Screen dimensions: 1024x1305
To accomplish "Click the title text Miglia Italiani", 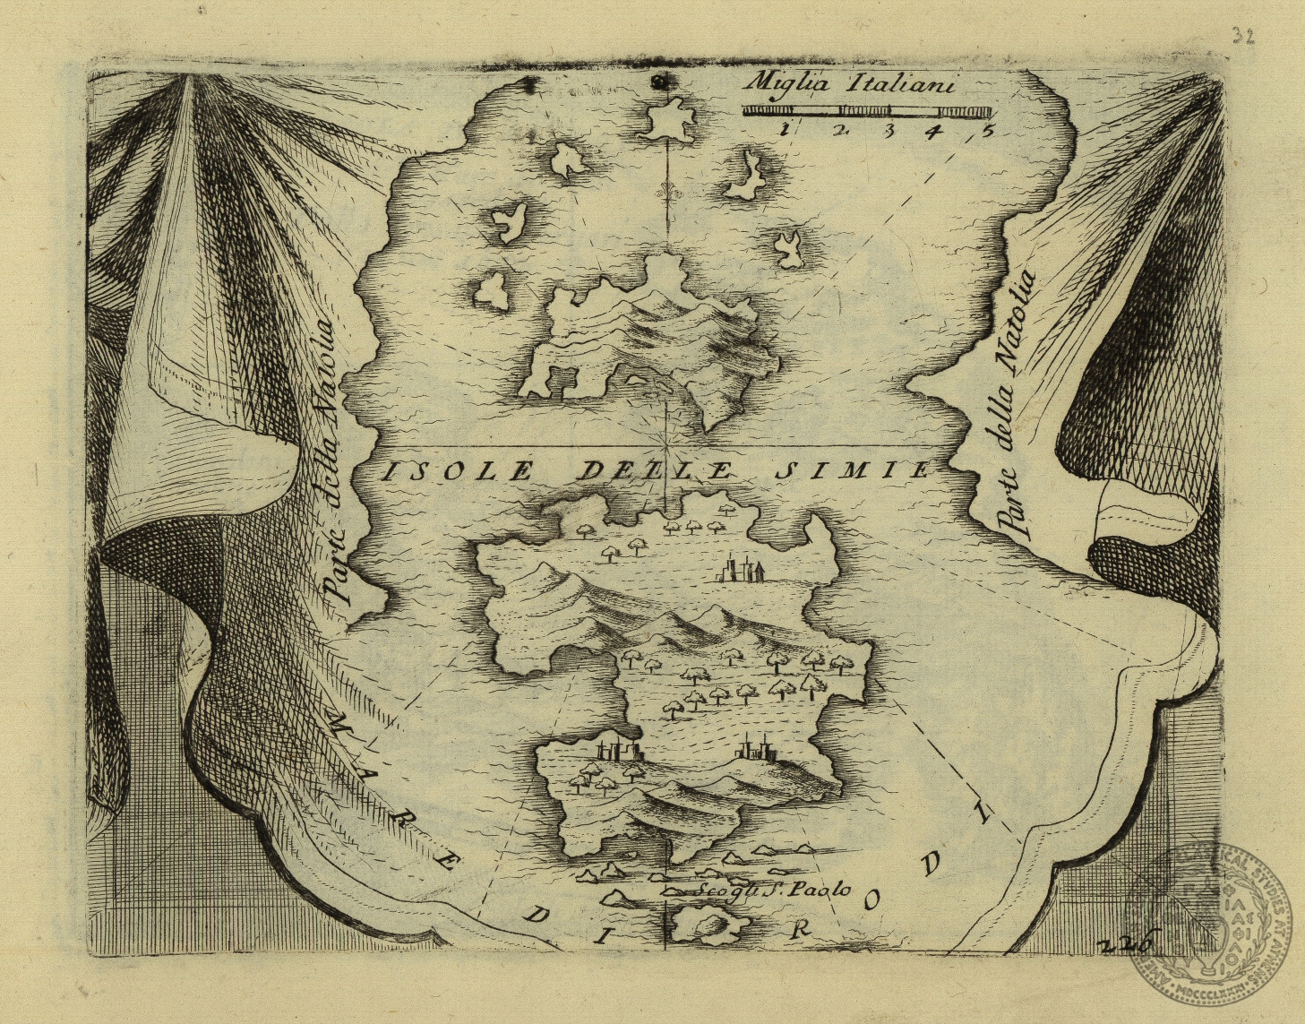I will click(851, 84).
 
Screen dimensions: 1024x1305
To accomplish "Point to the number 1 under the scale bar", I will click(784, 129).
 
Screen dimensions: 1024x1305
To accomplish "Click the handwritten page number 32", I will click(1242, 35).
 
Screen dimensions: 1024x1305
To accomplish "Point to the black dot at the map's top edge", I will click(661, 82).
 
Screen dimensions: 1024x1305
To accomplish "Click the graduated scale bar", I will click(866, 111).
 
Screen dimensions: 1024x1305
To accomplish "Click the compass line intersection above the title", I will click(668, 444).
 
